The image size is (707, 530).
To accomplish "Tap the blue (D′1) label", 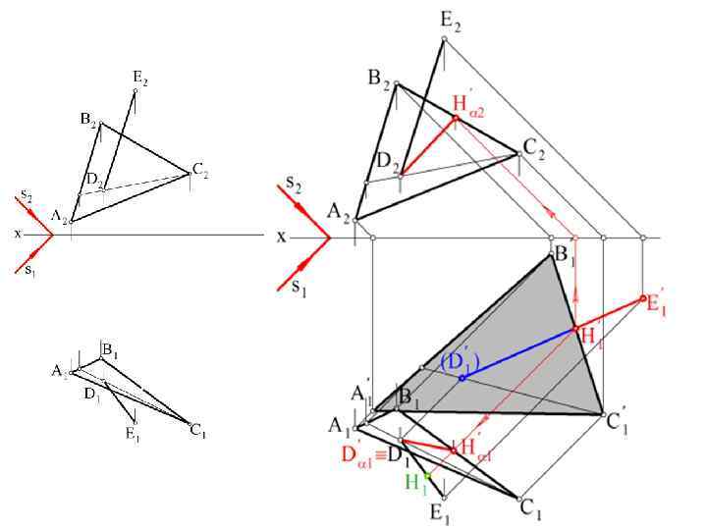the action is point(458,359).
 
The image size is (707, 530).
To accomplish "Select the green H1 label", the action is point(415,482).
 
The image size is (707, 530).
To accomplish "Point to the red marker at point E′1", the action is point(643,298).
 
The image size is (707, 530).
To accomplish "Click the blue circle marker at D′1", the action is point(462,377).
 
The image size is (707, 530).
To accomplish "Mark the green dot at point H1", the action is point(427,475).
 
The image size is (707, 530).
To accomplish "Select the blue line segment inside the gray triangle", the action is point(518,353).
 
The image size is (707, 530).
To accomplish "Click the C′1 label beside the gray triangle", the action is point(618,423).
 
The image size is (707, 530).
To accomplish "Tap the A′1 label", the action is point(361,395).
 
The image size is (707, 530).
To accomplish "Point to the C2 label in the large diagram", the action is point(534,148).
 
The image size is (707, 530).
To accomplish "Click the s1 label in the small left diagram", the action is point(30,269).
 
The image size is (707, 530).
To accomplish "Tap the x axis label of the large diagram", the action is point(282,237).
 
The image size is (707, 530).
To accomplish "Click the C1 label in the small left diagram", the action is point(197,430).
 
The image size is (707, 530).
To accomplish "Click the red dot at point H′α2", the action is point(456,119).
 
